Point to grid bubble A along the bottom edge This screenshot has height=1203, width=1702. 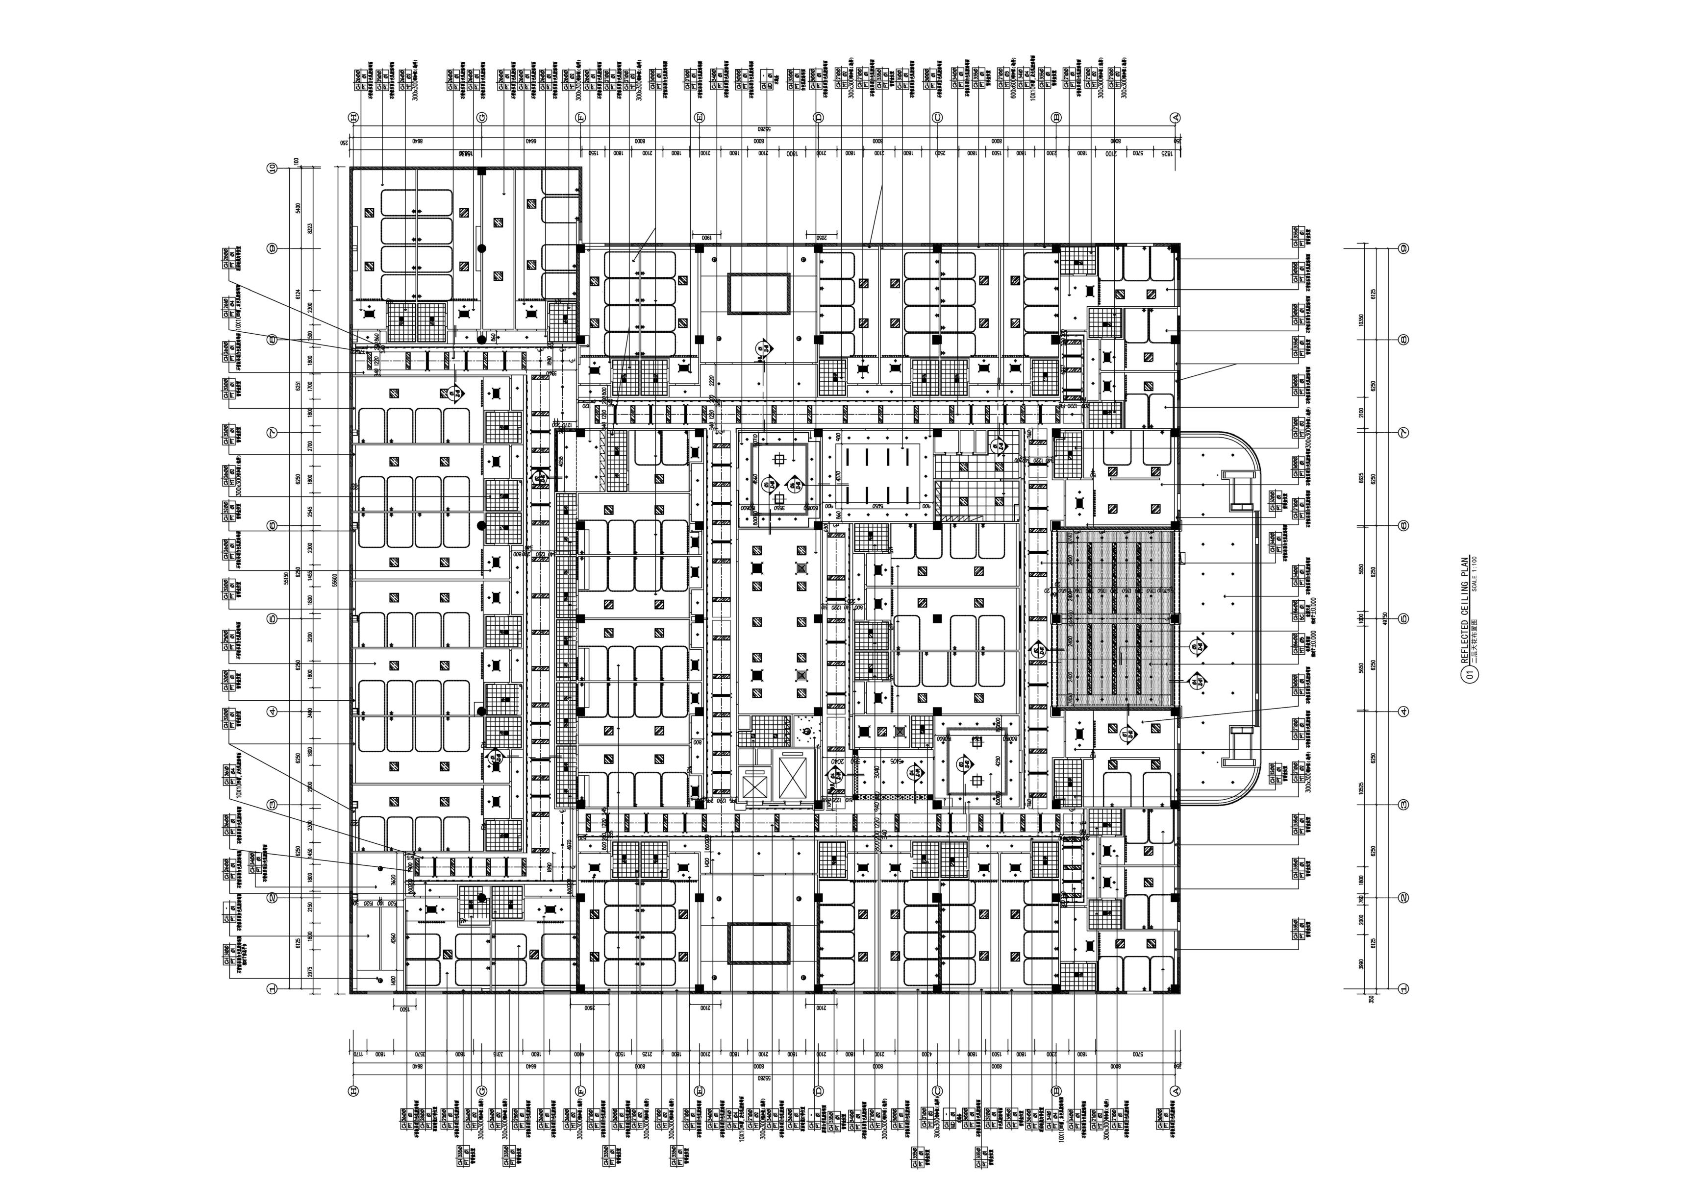pyautogui.click(x=1174, y=1090)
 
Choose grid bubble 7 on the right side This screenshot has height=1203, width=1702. pyautogui.click(x=1402, y=432)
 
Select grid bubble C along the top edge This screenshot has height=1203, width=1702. pyautogui.click(x=937, y=118)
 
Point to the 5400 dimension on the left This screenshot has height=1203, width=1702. pyautogui.click(x=297, y=208)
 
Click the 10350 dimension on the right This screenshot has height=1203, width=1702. pyautogui.click(x=1360, y=319)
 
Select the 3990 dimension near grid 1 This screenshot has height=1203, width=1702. pyautogui.click(x=1360, y=963)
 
